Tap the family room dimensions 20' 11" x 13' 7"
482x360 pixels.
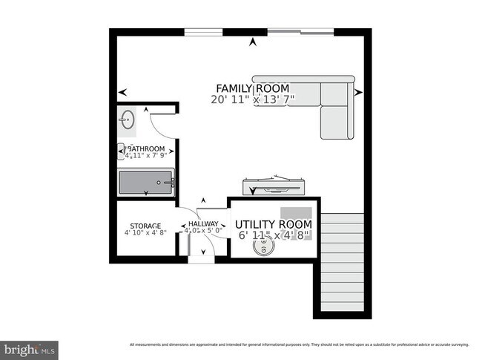[253, 99]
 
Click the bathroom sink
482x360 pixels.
[127, 117]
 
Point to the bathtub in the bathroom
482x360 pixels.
[145, 181]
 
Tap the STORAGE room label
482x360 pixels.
[145, 226]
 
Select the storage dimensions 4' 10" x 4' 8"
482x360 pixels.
[145, 235]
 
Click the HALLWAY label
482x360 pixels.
[202, 224]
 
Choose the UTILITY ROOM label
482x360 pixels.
[274, 224]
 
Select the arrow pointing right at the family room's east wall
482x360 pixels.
[359, 93]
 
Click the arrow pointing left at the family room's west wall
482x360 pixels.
[122, 93]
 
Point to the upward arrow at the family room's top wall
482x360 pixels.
[253, 42]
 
